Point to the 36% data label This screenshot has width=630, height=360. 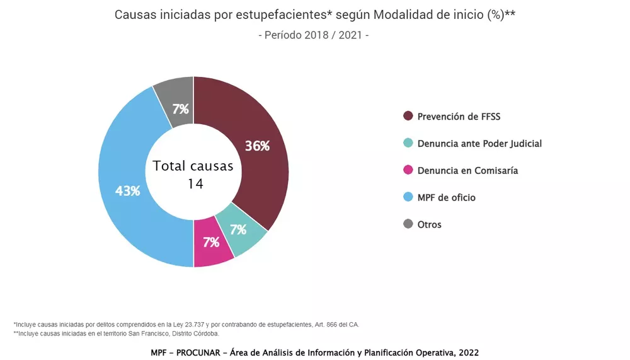point(257,146)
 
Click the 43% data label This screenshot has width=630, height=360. point(128,190)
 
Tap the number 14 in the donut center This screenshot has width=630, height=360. point(195,183)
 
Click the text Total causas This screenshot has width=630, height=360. point(193,166)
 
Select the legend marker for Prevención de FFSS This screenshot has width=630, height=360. point(408,116)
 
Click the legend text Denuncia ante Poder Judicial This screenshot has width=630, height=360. point(479,144)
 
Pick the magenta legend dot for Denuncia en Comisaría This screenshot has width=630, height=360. point(408,170)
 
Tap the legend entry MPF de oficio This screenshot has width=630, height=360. point(446,198)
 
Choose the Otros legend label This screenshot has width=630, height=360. point(429,224)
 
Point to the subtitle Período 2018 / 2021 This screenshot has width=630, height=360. point(314,35)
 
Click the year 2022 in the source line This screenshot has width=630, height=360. point(469,352)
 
